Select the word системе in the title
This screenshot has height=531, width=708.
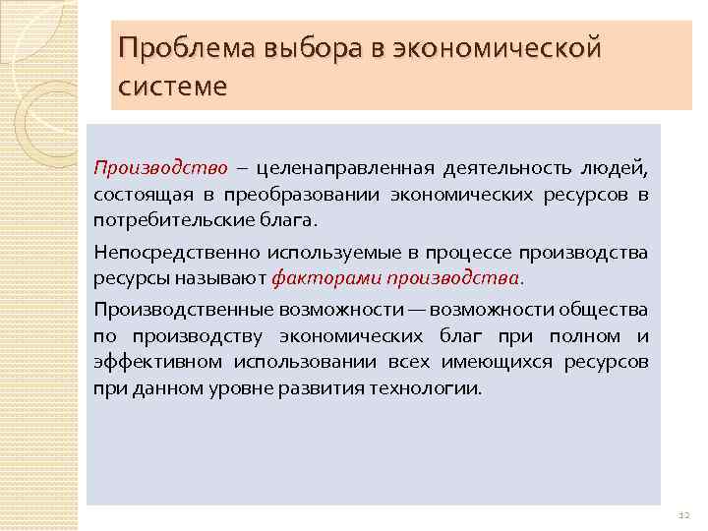[x=172, y=86]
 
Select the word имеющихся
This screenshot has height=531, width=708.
[x=500, y=361]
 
